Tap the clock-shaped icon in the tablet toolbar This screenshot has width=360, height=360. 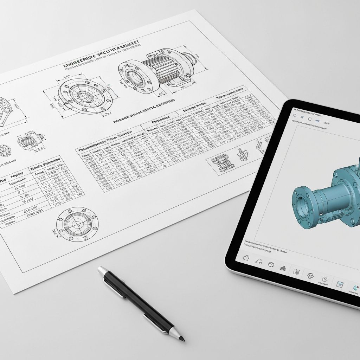tap(271, 264)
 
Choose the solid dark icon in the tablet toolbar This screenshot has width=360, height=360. tap(283, 268)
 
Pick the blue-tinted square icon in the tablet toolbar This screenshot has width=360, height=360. tap(340, 284)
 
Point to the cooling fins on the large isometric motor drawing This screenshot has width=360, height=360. tap(158, 69)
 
